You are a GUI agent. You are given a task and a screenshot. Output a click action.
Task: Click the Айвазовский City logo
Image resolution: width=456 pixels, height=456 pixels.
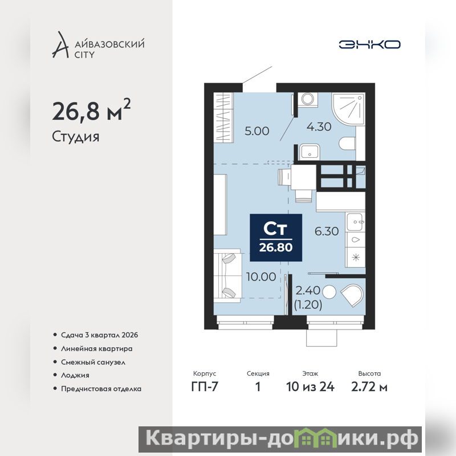(98, 45)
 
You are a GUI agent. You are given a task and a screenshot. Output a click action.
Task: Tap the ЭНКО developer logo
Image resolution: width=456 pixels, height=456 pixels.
(369, 44)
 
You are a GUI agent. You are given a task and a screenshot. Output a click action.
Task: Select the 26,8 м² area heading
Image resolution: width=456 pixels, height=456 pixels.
(91, 110)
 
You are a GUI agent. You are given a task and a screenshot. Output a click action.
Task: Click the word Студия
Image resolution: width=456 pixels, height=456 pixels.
(76, 137)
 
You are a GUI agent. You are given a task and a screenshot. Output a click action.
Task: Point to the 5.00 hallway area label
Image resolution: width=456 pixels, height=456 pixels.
(257, 131)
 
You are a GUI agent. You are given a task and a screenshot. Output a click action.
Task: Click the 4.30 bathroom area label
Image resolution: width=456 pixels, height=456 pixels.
(319, 127)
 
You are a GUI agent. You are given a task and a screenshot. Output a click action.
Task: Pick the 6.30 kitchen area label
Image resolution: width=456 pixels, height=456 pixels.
(327, 231)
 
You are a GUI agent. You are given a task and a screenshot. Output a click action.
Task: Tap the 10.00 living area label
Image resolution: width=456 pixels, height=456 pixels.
(261, 277)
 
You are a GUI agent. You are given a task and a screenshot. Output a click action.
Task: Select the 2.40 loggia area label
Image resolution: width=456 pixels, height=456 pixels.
(308, 290)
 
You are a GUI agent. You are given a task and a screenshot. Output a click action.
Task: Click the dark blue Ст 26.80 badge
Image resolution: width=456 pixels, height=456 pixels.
(276, 238)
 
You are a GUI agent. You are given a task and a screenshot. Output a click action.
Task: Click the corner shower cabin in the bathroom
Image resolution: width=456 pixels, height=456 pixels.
(348, 108)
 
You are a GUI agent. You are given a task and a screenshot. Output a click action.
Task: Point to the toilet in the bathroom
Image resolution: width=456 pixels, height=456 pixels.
(347, 144)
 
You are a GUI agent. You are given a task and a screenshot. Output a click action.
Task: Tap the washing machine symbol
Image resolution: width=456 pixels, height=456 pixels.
(307, 99)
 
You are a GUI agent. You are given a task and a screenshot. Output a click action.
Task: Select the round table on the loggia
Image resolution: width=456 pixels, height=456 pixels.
(329, 292)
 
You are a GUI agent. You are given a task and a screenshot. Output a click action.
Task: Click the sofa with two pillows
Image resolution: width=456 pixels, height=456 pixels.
(227, 276)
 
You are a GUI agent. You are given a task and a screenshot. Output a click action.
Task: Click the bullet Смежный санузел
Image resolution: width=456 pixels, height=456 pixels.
(93, 363)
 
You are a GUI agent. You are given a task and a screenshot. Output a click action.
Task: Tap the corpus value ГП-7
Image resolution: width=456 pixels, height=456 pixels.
(205, 387)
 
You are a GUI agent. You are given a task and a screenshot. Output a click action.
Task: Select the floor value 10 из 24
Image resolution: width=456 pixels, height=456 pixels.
(310, 387)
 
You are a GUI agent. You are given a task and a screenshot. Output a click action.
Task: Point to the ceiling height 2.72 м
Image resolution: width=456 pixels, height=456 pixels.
(369, 387)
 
